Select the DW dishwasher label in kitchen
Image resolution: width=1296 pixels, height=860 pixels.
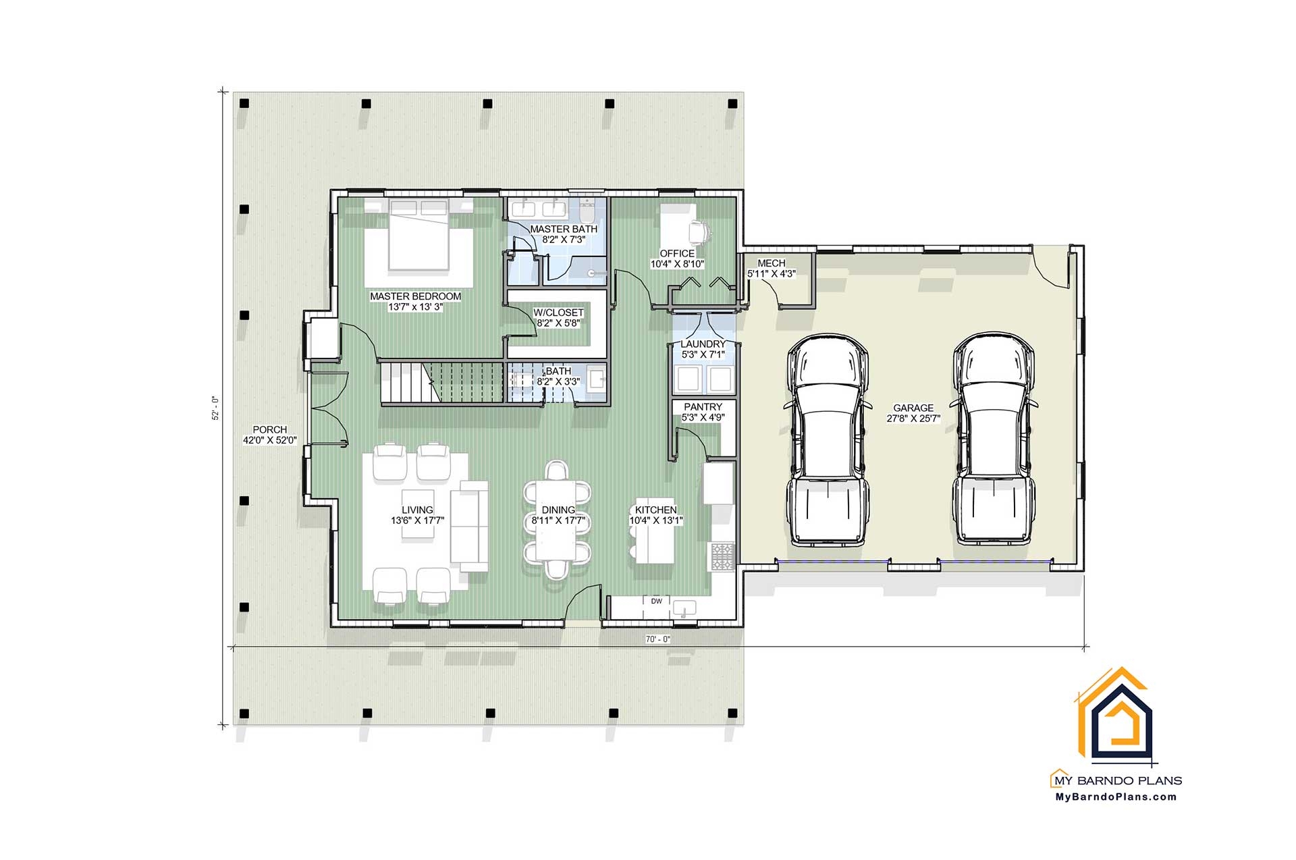[x=656, y=601]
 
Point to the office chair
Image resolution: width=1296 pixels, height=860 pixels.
[x=699, y=231]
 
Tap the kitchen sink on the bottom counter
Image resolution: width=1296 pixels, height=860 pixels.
[x=684, y=608]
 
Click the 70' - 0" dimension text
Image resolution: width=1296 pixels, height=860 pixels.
[x=657, y=639]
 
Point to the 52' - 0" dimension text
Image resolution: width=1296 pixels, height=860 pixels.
[x=216, y=408]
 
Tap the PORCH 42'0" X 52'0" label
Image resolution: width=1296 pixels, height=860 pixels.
[x=270, y=435]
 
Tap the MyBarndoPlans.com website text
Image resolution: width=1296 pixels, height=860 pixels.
[x=1116, y=797]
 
